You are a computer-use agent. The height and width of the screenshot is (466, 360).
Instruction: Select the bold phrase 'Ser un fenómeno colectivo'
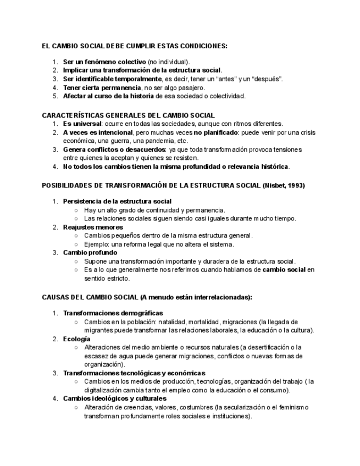104,62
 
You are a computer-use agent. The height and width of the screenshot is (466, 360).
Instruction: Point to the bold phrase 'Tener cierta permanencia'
102,87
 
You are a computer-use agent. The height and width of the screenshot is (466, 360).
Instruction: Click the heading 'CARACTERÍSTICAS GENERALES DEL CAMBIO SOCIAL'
128,115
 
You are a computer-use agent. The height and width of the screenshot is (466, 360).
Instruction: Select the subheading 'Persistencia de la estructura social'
117,201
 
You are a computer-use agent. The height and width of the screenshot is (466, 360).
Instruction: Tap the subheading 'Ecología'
77,339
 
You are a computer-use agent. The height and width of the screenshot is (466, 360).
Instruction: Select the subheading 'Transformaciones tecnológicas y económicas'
134,373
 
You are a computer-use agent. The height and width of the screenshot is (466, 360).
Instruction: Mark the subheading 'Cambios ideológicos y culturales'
115,398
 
